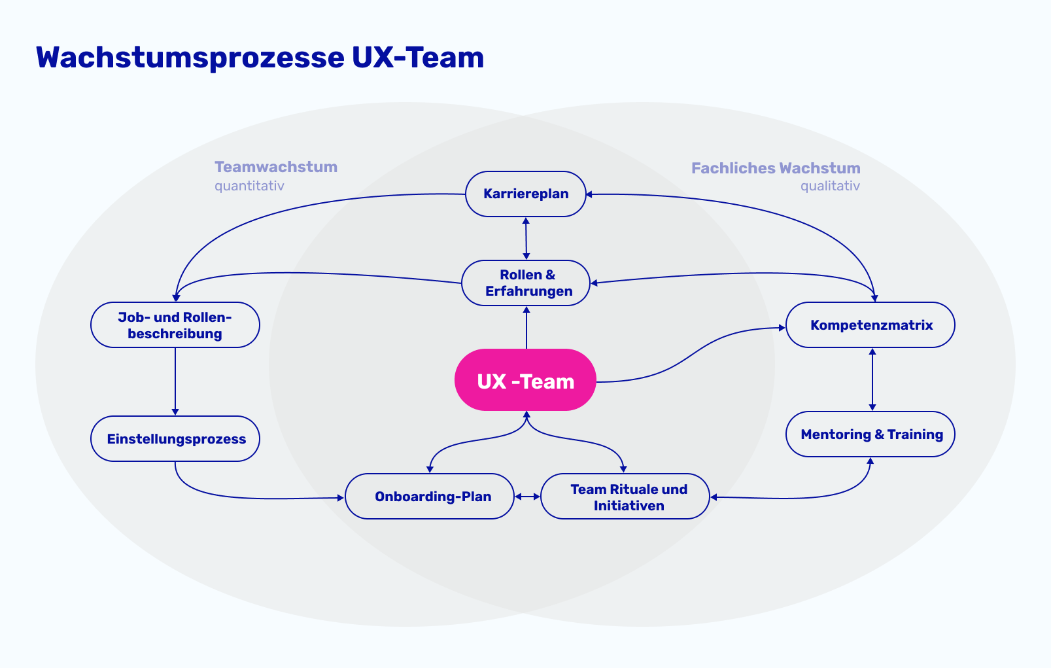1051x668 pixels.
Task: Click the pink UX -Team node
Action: click(x=525, y=380)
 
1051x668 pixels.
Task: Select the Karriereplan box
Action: click(x=525, y=194)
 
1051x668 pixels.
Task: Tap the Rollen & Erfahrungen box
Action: click(x=526, y=283)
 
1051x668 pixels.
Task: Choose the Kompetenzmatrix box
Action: click(x=870, y=325)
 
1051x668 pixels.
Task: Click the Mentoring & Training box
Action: click(x=870, y=434)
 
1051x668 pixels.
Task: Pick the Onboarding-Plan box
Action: click(x=430, y=496)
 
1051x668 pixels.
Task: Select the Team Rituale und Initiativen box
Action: click(x=625, y=497)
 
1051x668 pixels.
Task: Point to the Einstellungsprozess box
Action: click(x=175, y=438)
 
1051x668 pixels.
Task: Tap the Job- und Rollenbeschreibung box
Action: click(x=175, y=325)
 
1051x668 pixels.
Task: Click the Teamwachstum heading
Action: click(x=276, y=167)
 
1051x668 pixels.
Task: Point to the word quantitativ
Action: click(x=249, y=186)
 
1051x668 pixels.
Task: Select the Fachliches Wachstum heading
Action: click(x=776, y=168)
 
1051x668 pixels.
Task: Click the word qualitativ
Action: click(x=830, y=186)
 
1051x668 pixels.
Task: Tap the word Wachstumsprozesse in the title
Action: click(x=190, y=58)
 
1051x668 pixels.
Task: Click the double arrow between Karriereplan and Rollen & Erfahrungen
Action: click(x=526, y=238)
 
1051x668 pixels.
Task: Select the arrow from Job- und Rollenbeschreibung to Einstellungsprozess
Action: click(x=175, y=381)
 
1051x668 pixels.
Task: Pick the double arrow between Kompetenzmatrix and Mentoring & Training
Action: click(x=872, y=379)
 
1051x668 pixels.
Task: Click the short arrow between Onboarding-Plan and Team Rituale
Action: click(x=527, y=497)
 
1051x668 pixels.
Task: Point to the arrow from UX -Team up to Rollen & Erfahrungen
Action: click(x=526, y=327)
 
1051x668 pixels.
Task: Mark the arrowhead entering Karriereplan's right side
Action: click(x=589, y=194)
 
